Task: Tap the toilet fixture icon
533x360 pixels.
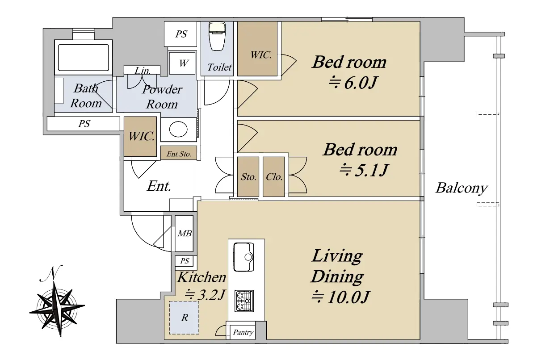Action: coord(217,36)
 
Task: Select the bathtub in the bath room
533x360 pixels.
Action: coord(84,57)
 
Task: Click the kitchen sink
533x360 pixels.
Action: coord(244,257)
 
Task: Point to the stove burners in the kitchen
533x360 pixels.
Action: coord(244,301)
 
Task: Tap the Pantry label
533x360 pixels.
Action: coord(243,332)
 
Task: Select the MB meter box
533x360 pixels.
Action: coord(184,233)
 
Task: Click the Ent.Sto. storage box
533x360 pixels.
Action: coord(179,154)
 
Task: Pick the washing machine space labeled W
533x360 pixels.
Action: coord(183,63)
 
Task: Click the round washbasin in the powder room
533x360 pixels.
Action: coord(178,130)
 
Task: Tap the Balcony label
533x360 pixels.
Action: coord(461,188)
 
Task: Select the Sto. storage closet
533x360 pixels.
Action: coord(248,177)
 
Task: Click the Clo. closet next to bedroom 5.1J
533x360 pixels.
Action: coord(274,177)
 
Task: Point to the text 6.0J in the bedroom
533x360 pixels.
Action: coord(360,83)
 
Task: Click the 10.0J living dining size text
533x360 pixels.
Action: coord(348,297)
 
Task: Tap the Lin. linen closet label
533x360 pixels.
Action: coord(143,71)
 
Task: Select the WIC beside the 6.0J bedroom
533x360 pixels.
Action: coord(257,49)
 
